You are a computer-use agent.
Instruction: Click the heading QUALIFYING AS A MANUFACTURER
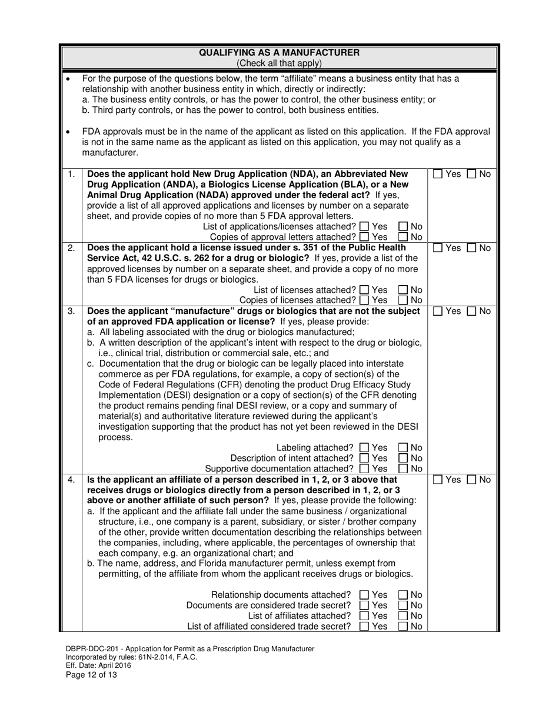pyautogui.click(x=279, y=53)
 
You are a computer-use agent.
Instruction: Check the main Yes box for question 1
pyautogui.click(x=439, y=175)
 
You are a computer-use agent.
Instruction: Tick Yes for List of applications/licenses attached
pyautogui.click(x=364, y=227)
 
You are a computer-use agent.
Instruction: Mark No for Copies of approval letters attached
pyautogui.click(x=403, y=237)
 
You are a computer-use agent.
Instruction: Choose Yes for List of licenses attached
pyautogui.click(x=364, y=290)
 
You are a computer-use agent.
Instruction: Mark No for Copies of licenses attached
pyautogui.click(x=403, y=300)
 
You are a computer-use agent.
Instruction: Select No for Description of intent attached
pyautogui.click(x=403, y=458)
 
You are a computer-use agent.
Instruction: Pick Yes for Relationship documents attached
pyautogui.click(x=364, y=595)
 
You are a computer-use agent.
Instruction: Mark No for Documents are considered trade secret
pyautogui.click(x=403, y=605)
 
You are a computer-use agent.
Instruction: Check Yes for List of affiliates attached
pyautogui.click(x=364, y=616)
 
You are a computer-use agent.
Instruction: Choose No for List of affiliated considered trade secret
pyautogui.click(x=403, y=627)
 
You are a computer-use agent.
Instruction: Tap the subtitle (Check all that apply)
pyautogui.click(x=279, y=63)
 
